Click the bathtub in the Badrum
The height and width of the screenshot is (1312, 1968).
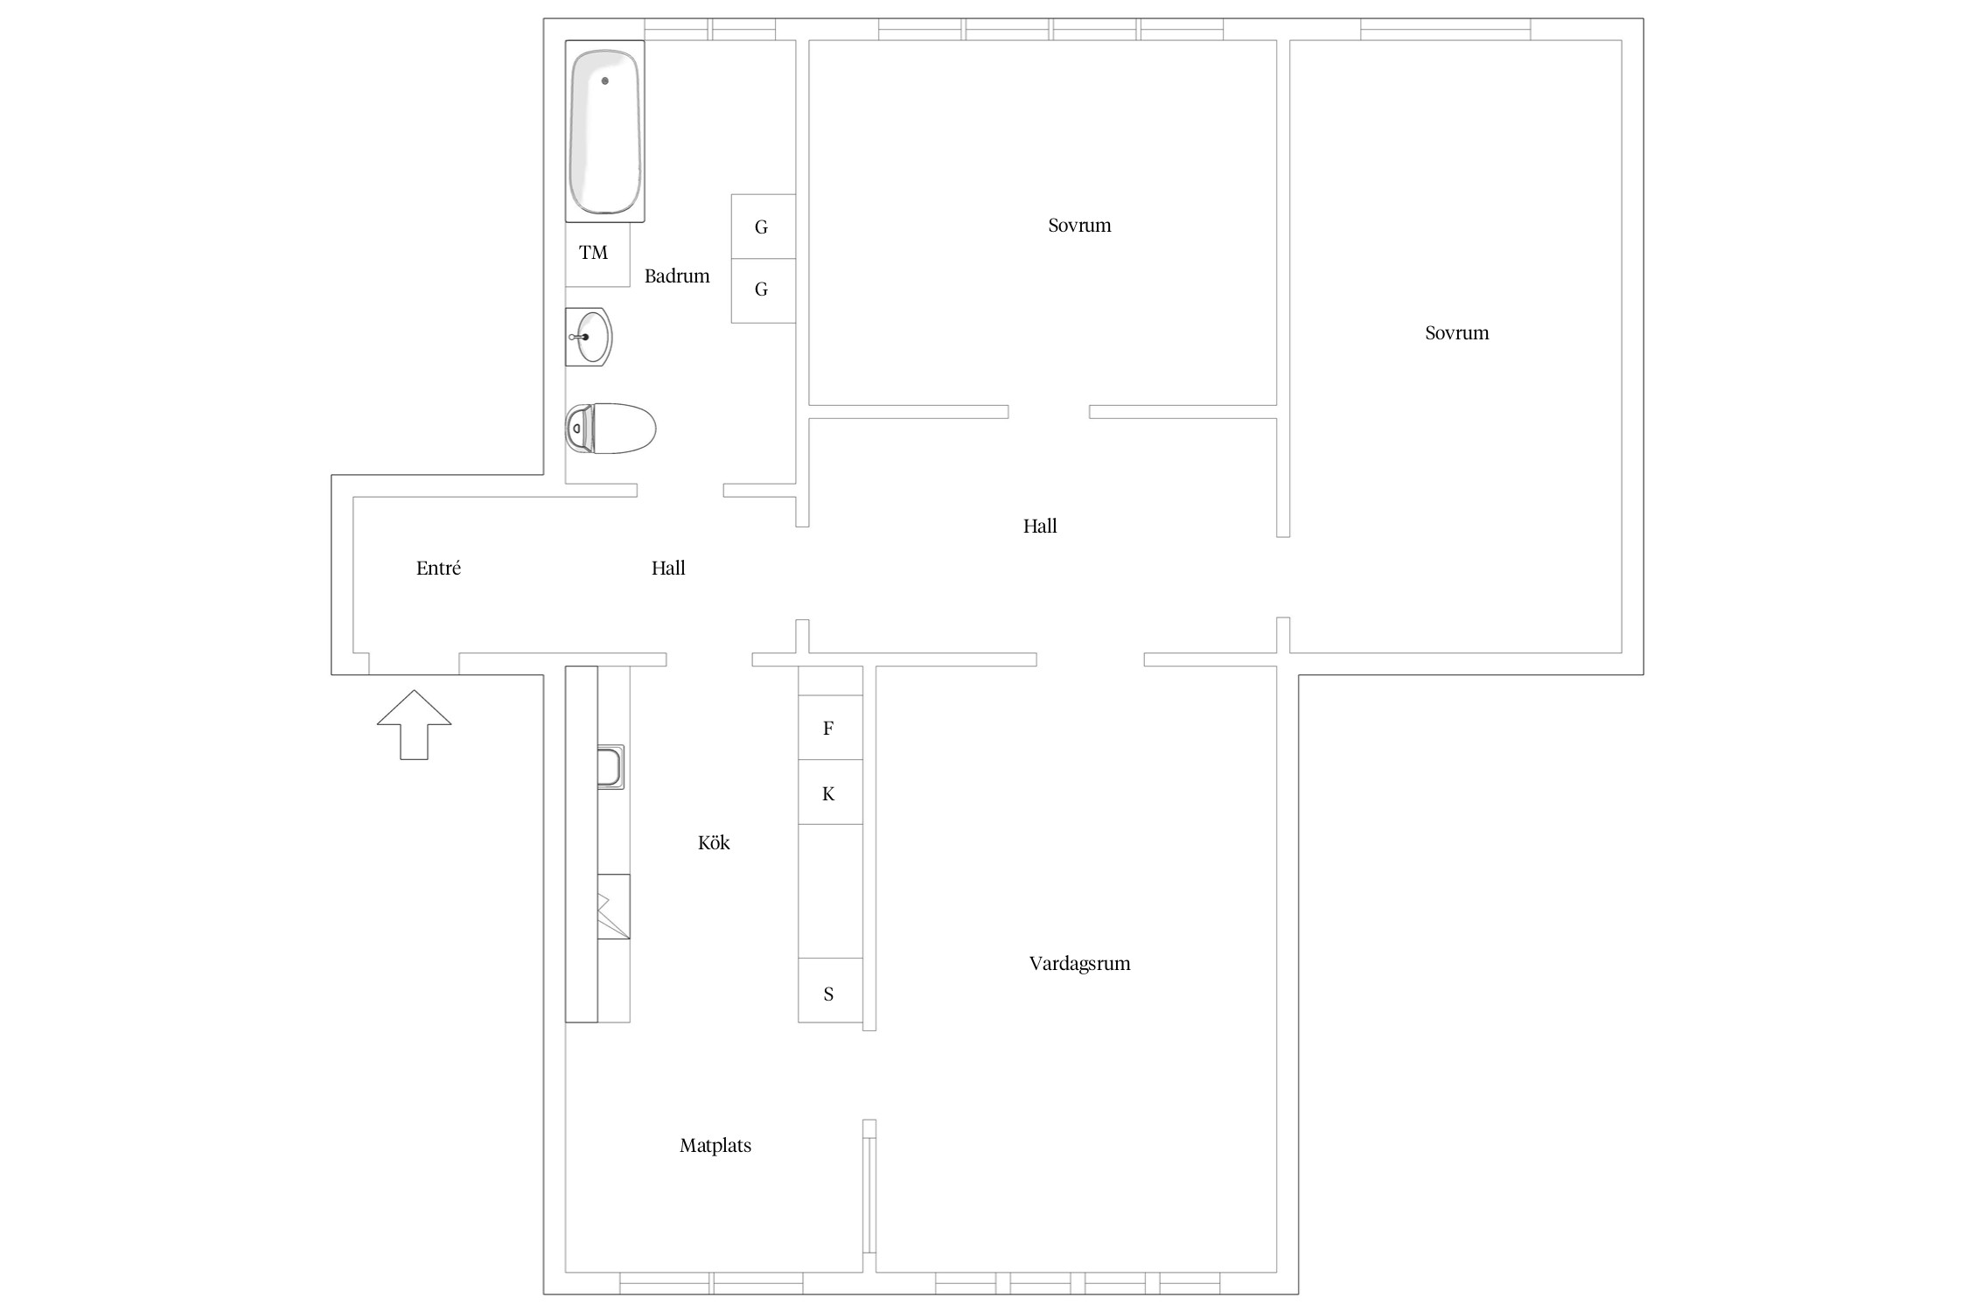pos(604,131)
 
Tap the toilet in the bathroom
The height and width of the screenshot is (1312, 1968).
pos(611,429)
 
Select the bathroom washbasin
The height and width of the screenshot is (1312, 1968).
pos(589,337)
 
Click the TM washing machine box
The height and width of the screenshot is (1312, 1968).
pos(597,254)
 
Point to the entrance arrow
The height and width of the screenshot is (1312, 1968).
pos(414,724)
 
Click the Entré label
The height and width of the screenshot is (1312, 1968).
pos(438,569)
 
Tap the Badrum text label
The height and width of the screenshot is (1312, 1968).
pos(677,276)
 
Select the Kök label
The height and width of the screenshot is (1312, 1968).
pos(714,842)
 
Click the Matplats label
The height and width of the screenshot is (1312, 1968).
pos(715,1146)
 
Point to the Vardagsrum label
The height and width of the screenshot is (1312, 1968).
pos(1079,964)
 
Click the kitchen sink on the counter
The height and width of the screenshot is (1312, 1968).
pos(611,767)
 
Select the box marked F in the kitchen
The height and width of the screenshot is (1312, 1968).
pos(830,727)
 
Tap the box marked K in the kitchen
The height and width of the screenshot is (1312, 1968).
pos(830,792)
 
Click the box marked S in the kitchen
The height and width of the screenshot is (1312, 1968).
pos(830,991)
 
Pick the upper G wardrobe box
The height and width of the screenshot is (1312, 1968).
pos(764,227)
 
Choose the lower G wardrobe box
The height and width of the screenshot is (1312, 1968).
pos(764,290)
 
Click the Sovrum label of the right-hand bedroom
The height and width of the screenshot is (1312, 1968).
pos(1456,333)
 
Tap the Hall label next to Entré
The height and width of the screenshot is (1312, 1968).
pos(668,569)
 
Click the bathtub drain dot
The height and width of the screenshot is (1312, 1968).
pos(604,80)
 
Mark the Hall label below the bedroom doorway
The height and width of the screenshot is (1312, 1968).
pos(1040,527)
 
